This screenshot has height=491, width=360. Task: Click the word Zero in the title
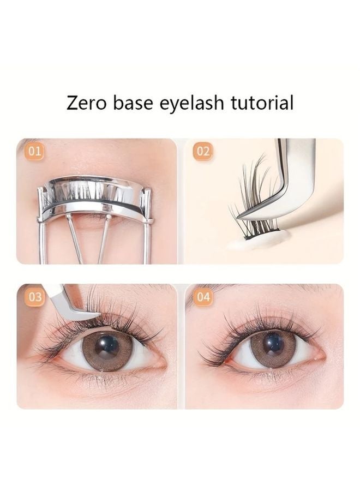[87, 102]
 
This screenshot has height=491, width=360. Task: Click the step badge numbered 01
[35, 152]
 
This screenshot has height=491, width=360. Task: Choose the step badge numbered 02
[202, 152]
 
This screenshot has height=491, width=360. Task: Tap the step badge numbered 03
[35, 297]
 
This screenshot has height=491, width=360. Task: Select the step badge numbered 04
[202, 297]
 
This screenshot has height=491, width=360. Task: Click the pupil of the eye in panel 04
[272, 345]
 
